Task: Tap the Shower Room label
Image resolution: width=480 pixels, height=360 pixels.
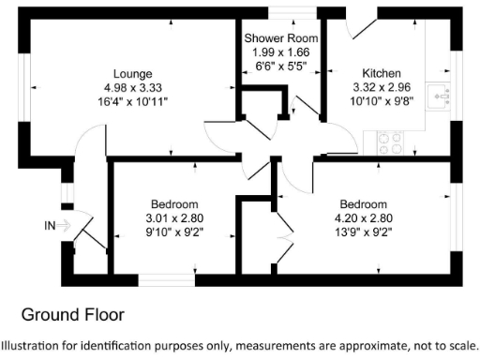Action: pyautogui.click(x=281, y=38)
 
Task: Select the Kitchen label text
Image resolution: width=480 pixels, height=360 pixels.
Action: pyautogui.click(x=382, y=73)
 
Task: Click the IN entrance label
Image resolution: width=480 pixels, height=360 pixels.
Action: pyautogui.click(x=51, y=225)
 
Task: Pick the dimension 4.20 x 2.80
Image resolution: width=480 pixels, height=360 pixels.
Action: pyautogui.click(x=363, y=218)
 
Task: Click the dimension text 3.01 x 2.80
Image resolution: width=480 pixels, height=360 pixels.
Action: pyautogui.click(x=174, y=218)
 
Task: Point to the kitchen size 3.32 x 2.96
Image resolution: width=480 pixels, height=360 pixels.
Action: pyautogui.click(x=382, y=87)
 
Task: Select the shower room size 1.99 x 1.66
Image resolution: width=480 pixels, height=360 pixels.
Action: pyautogui.click(x=281, y=52)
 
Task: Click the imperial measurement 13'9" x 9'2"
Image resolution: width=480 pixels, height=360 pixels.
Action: pyautogui.click(x=363, y=232)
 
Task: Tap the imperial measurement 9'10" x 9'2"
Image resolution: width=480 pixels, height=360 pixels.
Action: pyautogui.click(x=174, y=232)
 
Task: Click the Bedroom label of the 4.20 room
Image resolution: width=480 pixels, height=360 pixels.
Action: pyautogui.click(x=363, y=204)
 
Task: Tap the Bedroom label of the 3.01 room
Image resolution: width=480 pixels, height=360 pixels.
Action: pyautogui.click(x=174, y=204)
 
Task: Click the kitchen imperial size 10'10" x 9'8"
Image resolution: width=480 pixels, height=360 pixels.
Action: pyautogui.click(x=382, y=101)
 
